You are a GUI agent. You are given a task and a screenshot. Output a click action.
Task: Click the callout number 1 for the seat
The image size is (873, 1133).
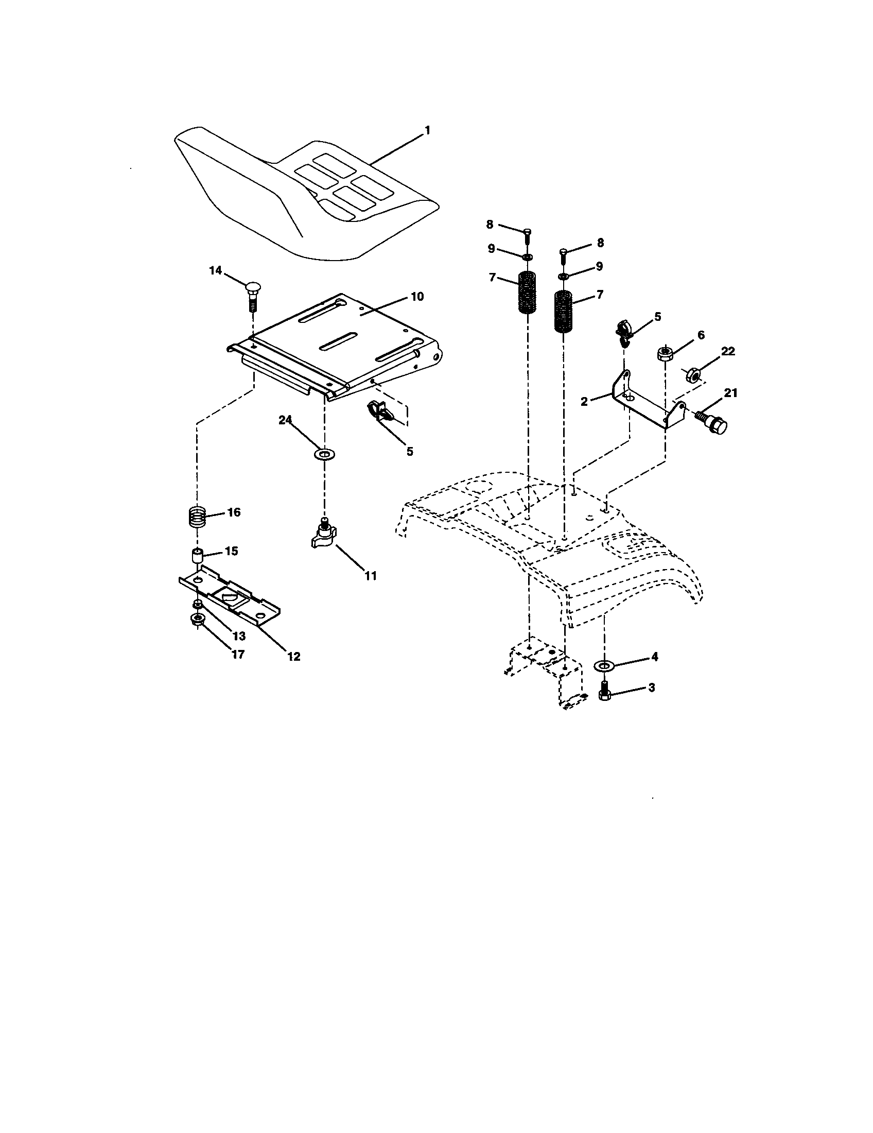[x=427, y=131]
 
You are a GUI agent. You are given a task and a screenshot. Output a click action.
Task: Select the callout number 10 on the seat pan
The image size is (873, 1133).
[x=417, y=296]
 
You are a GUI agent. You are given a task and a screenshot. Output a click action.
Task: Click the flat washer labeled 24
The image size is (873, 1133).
[x=324, y=454]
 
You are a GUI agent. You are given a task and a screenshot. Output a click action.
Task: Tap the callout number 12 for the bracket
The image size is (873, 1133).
[x=293, y=656]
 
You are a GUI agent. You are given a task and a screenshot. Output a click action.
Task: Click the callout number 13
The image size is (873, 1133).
[x=239, y=636]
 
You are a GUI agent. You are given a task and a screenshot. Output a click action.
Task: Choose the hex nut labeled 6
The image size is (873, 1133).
[x=665, y=355]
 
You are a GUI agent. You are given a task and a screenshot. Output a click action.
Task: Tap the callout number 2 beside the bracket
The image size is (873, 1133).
[x=584, y=401]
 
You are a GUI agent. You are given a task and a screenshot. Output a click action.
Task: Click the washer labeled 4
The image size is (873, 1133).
[x=604, y=665]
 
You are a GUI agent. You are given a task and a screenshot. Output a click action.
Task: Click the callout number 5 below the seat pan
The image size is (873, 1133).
[x=410, y=451]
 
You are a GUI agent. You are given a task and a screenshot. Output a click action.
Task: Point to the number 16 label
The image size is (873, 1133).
[x=234, y=512]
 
